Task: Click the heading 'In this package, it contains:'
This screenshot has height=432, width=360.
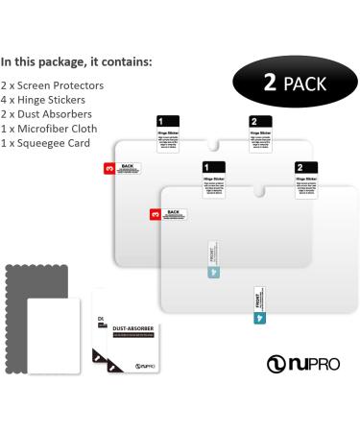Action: pos(77,61)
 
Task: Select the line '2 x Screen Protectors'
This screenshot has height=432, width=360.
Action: pos(53,85)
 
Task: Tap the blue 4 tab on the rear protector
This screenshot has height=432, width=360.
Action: pos(212,272)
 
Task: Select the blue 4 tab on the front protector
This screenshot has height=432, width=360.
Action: pos(259,316)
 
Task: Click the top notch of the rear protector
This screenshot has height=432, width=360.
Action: pos(214,148)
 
